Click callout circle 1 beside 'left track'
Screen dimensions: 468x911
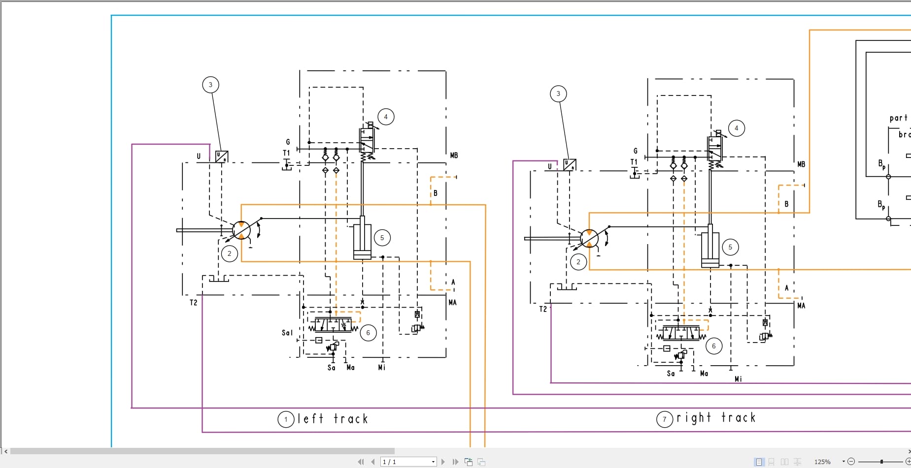(x=286, y=420)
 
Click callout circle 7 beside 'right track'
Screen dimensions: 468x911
(x=664, y=419)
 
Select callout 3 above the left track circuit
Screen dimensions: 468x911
(x=210, y=85)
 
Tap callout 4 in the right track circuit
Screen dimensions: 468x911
(x=736, y=128)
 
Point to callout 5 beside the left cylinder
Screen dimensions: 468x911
(x=382, y=238)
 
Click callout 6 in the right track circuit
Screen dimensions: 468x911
(x=713, y=346)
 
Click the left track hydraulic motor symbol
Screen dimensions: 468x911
(x=241, y=230)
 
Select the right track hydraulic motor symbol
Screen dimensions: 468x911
(x=589, y=238)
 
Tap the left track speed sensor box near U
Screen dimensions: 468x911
(x=222, y=156)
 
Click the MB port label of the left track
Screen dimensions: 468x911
(x=454, y=156)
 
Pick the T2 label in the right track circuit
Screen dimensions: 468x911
(x=543, y=309)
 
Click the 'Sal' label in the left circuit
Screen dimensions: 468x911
(x=287, y=333)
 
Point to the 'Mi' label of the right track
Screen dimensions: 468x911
(x=738, y=379)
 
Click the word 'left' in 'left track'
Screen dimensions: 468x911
(x=310, y=419)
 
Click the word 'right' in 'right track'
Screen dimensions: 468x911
(x=694, y=418)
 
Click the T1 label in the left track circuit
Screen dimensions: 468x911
(x=286, y=153)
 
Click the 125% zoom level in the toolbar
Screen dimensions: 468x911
(x=822, y=462)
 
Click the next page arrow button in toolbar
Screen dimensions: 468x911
(x=443, y=462)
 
